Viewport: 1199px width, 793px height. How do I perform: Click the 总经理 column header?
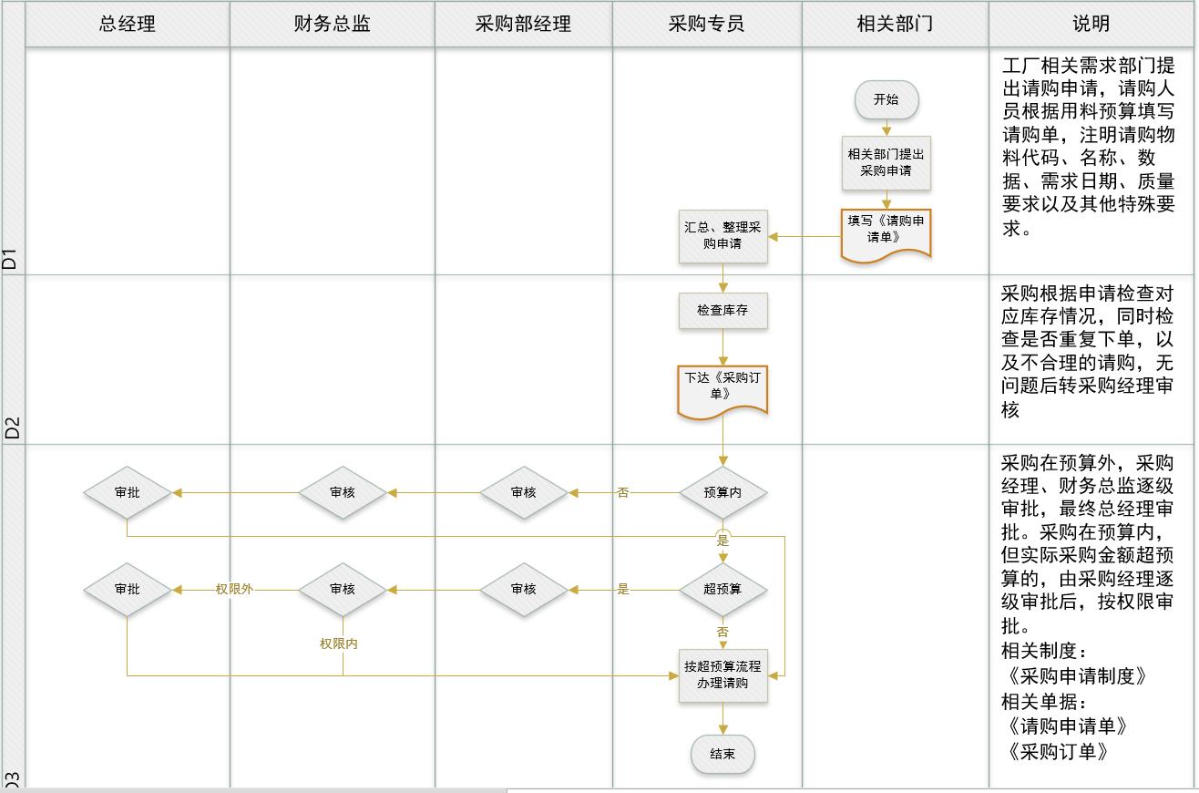(x=128, y=25)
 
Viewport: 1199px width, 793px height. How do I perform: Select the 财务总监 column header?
(x=333, y=25)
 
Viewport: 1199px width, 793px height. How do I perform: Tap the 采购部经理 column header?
(x=523, y=25)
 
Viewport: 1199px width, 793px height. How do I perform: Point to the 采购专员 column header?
(x=707, y=25)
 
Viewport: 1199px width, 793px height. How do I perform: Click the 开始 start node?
(x=886, y=100)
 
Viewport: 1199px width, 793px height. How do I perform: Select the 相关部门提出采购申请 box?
(x=886, y=163)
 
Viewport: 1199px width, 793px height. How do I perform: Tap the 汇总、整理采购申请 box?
(x=723, y=236)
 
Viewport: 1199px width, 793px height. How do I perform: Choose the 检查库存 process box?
(x=723, y=311)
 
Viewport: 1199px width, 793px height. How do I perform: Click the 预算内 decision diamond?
(x=723, y=492)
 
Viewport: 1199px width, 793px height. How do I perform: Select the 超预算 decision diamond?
(x=723, y=590)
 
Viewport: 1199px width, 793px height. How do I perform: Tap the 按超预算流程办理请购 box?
(x=723, y=675)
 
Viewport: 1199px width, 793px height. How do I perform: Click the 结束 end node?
(x=723, y=755)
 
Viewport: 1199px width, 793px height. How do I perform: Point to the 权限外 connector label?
(x=234, y=590)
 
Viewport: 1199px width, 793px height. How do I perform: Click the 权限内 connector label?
(x=339, y=644)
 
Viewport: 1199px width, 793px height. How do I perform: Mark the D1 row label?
(x=11, y=258)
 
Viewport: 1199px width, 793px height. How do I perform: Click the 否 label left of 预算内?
(x=623, y=493)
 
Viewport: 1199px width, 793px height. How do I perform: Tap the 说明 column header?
(x=1091, y=25)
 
